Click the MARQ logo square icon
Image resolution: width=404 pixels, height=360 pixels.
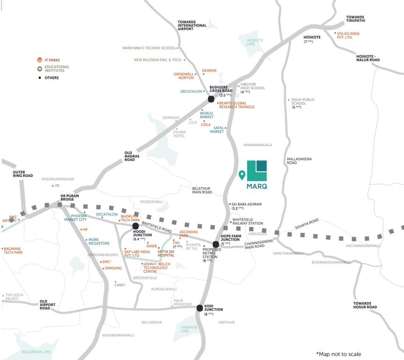pos(257,170)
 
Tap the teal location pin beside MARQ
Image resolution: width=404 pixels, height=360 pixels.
pos(242,175)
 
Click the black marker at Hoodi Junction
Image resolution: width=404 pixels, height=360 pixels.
pos(135,226)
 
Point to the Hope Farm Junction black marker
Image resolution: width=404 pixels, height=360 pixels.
pos(216,244)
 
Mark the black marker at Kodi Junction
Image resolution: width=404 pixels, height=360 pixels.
pos(200,308)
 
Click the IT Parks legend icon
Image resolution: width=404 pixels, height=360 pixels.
pos(40,60)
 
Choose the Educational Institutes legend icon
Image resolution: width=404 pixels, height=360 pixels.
pos(40,68)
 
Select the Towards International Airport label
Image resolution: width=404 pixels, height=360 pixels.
pos(192,25)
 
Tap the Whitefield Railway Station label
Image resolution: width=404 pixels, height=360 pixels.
pos(248,221)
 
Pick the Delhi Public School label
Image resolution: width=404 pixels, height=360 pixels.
pos(303,103)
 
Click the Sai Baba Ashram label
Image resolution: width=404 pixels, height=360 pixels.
pos(247,206)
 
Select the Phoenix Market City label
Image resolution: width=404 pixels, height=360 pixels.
pos(75,217)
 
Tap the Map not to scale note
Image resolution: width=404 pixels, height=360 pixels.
pos(338,354)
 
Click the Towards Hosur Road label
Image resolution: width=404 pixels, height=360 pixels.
pos(365,305)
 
